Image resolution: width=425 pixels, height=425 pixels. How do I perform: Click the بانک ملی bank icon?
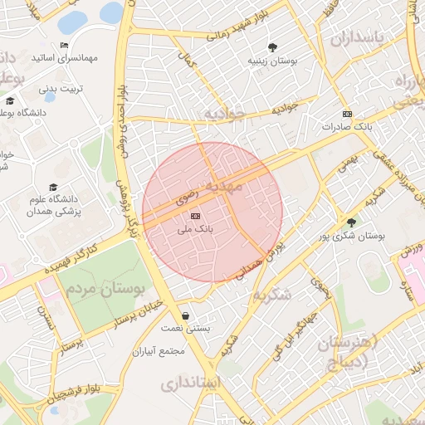click(195, 216)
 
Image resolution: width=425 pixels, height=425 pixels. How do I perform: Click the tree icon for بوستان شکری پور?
click(351, 222)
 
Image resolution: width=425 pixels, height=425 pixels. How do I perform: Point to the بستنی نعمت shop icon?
click(184, 315)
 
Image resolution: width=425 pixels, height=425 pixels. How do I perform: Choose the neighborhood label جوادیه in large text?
click(225, 115)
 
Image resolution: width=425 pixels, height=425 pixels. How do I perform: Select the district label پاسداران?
click(359, 38)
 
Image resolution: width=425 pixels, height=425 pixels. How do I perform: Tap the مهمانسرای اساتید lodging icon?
click(64, 45)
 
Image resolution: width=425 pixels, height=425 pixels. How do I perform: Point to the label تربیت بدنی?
click(61, 86)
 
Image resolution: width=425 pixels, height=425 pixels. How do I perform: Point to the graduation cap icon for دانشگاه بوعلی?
click(10, 101)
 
